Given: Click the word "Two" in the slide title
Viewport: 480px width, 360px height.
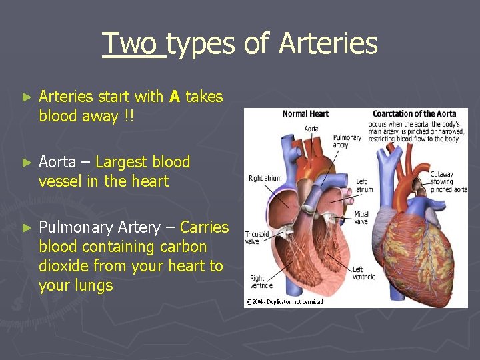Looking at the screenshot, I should click(133, 44).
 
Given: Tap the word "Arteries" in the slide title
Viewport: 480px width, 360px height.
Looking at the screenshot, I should click(328, 44).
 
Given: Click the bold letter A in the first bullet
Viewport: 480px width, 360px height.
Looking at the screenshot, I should click(175, 97).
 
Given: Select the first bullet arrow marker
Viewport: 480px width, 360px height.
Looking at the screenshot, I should click(27, 97).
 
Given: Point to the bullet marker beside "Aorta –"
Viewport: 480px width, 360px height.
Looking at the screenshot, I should click(27, 163).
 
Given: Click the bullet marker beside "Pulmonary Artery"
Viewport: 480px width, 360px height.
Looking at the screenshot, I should click(27, 228).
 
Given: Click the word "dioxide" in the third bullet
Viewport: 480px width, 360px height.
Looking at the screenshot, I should click(64, 266).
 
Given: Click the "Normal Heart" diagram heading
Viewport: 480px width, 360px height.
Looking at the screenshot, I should click(305, 114).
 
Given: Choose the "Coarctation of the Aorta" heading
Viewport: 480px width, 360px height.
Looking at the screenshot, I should click(414, 114).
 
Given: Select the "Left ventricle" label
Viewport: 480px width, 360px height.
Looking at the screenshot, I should click(364, 273).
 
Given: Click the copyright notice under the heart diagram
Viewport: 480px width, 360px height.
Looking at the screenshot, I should click(285, 301).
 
